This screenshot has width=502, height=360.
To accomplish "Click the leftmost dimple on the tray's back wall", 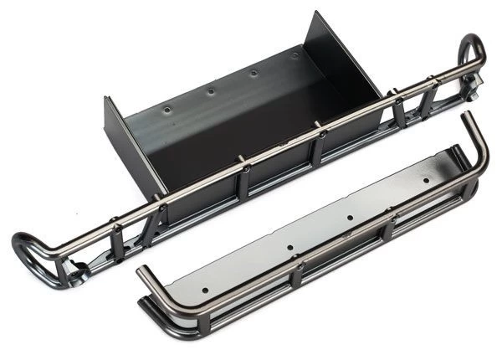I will pyautogui.click(x=166, y=108).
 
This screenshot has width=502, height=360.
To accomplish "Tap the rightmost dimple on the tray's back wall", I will pyautogui.click(x=295, y=55).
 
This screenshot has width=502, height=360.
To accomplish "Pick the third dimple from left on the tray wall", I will pyautogui.click(x=254, y=72).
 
